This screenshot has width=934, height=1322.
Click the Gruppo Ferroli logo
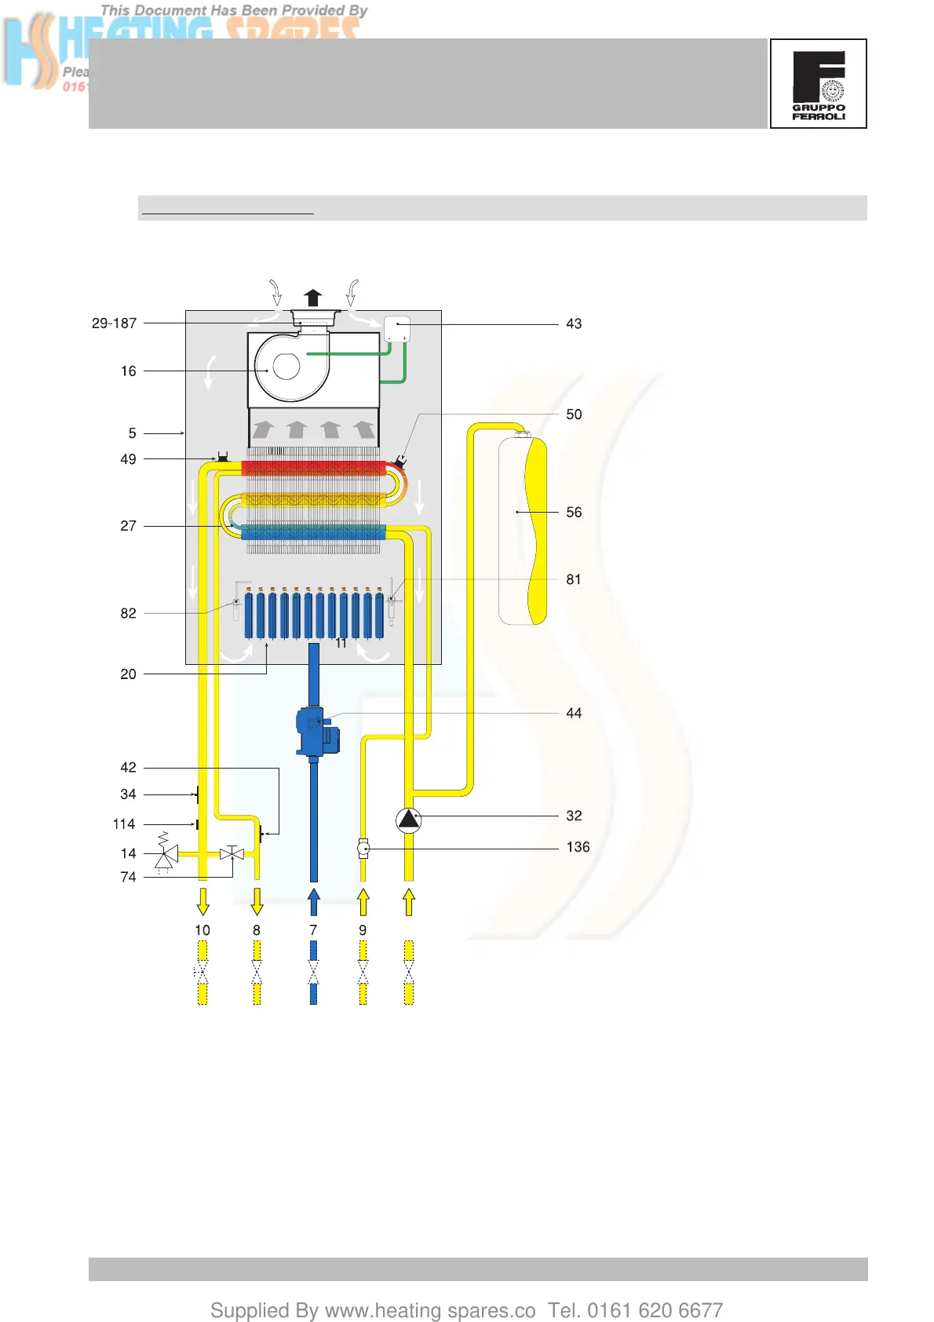[x=818, y=83]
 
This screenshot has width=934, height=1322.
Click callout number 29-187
[x=114, y=323]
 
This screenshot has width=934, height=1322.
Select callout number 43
[x=574, y=324]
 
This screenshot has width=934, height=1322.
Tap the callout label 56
[x=574, y=513]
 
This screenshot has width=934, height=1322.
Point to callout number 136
[x=578, y=847]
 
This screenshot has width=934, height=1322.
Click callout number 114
[x=124, y=824]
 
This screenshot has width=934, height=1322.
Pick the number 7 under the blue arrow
[x=313, y=930]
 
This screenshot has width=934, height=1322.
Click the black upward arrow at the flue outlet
[x=313, y=298]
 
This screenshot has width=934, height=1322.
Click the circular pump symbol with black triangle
[x=408, y=820]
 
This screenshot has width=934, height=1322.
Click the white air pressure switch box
[x=397, y=328]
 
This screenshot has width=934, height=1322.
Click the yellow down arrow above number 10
[x=202, y=901]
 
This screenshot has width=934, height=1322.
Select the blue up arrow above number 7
[x=314, y=901]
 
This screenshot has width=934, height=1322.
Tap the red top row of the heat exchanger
[x=314, y=469]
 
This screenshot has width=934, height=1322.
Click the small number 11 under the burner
[x=341, y=644]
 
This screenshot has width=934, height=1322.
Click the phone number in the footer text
[x=655, y=1310]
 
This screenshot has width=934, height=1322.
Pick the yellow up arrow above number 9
[x=363, y=901]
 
